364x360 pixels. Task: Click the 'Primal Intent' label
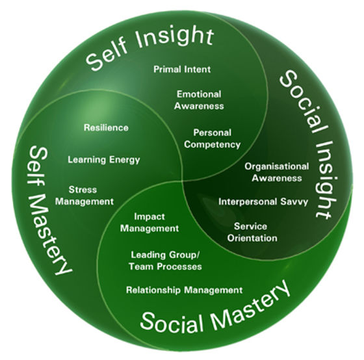[182, 68]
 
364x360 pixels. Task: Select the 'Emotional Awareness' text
[199, 99]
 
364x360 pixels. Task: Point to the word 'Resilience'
[106, 127]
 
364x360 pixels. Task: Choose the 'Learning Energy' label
[104, 159]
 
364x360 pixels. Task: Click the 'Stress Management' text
[91, 196]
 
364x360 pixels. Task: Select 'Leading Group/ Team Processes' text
[166, 260]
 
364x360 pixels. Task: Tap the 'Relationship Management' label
[184, 290]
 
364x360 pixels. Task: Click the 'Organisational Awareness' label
[273, 172]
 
